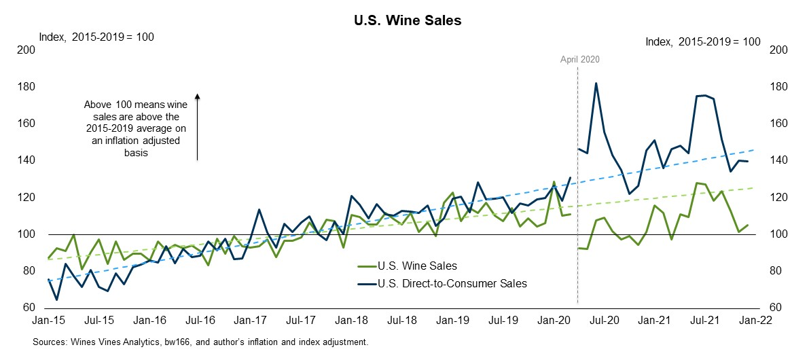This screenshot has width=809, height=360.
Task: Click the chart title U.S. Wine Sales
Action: coord(404,20)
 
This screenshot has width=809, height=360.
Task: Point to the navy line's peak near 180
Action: coord(596,84)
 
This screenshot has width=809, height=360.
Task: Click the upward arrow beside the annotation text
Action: coord(197,126)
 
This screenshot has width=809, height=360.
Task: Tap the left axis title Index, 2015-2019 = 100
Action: coord(96,36)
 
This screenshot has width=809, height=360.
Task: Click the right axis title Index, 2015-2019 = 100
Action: coord(702,41)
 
